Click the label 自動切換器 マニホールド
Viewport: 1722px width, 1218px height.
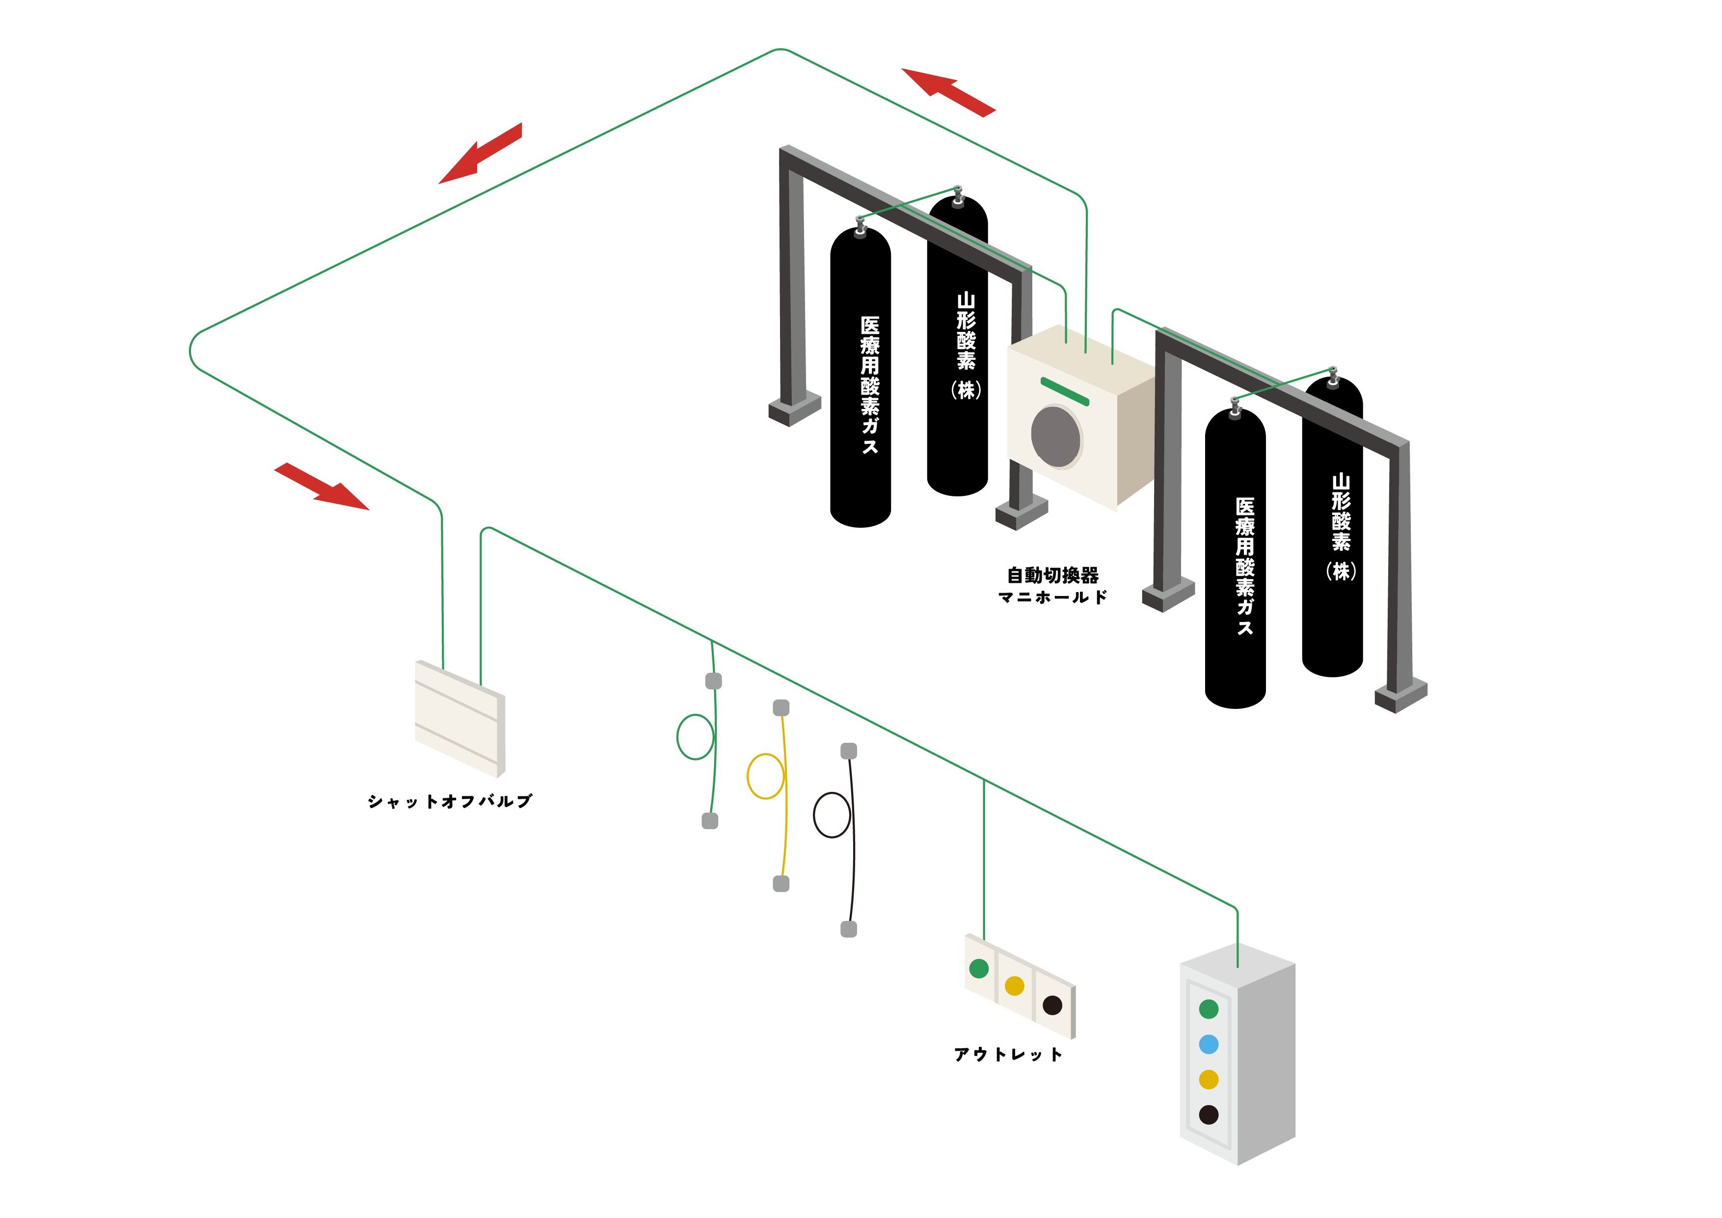point(1052,586)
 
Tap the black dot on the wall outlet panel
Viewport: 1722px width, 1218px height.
point(1052,1005)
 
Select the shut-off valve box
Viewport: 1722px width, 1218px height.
point(460,718)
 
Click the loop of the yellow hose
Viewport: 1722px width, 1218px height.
point(766,776)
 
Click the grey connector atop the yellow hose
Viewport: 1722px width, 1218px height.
point(781,707)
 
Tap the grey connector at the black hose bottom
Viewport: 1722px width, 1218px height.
point(848,929)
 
